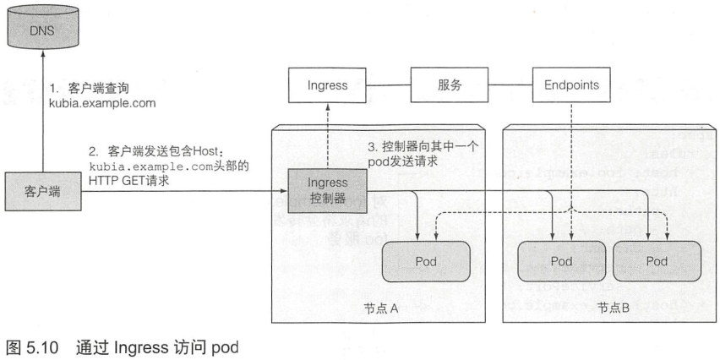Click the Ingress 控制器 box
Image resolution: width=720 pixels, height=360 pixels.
[x=325, y=189]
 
